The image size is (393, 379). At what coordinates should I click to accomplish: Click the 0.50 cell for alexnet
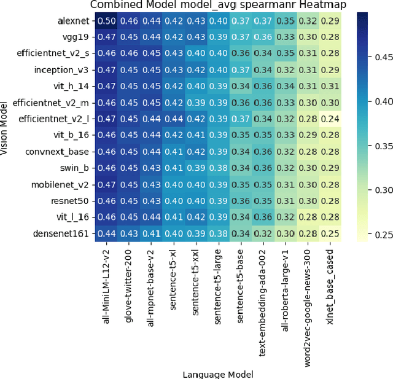(x=107, y=21)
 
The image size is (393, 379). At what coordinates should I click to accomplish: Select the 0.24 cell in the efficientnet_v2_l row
(x=330, y=119)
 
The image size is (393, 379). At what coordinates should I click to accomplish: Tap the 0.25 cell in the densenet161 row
(x=330, y=233)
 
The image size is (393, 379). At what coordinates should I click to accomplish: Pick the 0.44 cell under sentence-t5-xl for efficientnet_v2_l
(x=174, y=119)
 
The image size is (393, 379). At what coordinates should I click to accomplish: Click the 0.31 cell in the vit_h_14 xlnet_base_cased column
(x=330, y=86)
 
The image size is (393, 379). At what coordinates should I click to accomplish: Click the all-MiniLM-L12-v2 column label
(x=107, y=286)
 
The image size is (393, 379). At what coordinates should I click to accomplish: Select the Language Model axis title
(x=218, y=373)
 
